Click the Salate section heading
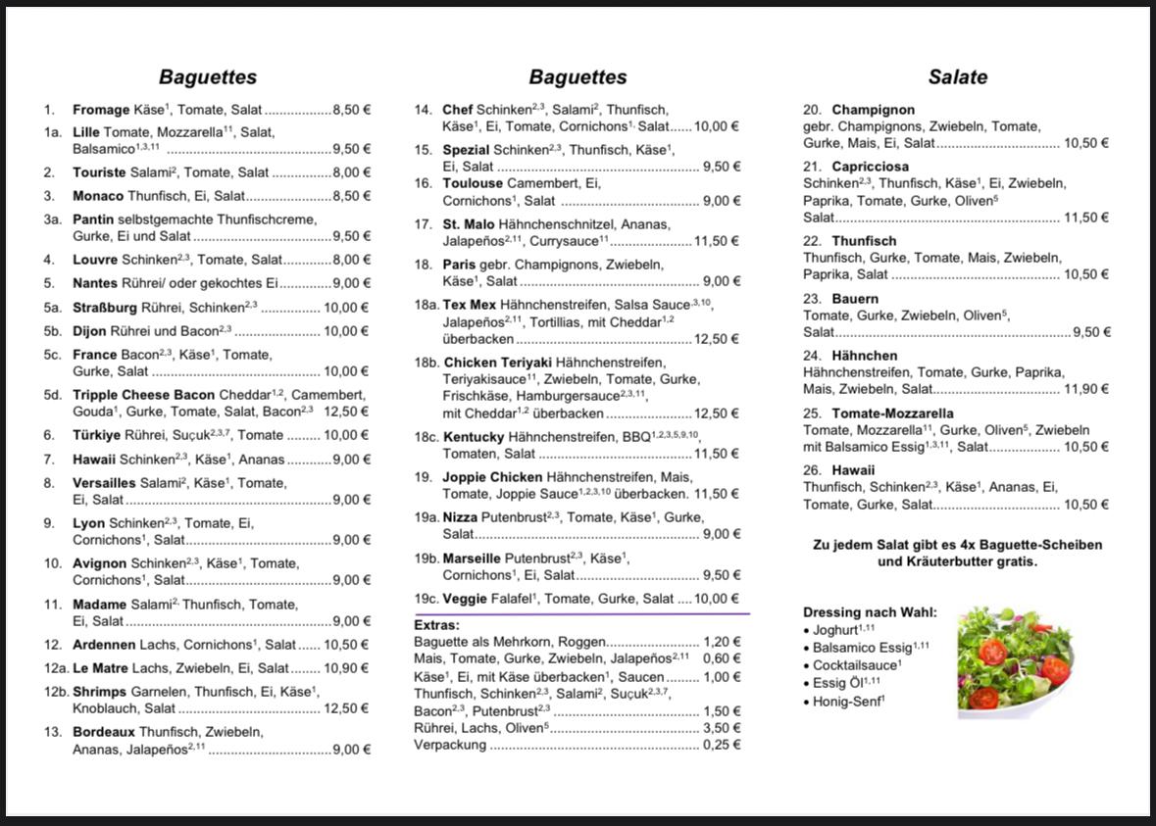pos(958,77)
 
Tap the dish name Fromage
pos(101,110)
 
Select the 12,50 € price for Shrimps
pos(346,708)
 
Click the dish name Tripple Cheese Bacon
pos(136,395)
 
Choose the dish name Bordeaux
pos(104,732)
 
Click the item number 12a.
pos(54,668)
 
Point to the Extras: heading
pos(437,624)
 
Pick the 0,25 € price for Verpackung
pos(722,745)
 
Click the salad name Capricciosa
pos(870,167)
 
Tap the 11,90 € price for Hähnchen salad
pos(1086,389)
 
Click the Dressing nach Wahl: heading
pos(870,612)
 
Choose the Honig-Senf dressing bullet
pos(849,701)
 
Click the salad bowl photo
pos(1014,661)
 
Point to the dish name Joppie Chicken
pos(492,477)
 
